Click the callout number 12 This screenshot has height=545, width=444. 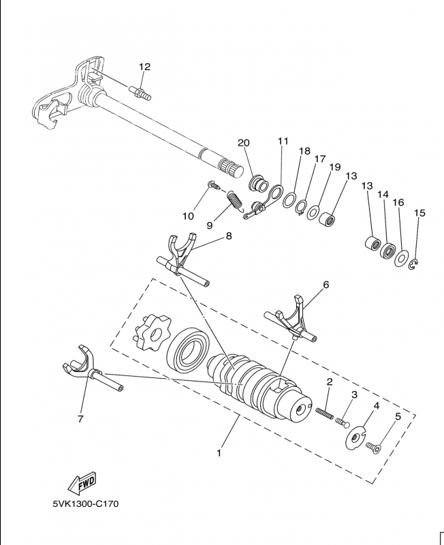pos(144,67)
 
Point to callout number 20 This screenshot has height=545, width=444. pos(244,142)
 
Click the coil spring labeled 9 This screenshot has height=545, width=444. pos(234,200)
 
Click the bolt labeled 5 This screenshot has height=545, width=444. pos(372,447)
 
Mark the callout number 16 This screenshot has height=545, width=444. pos(399,202)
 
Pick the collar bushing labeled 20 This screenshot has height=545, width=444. pos(258,183)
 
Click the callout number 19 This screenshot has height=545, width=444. pos(335,167)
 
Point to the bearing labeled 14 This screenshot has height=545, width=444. pos(389,251)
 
